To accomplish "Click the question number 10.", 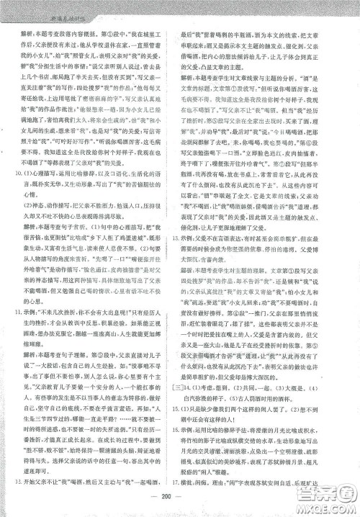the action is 25,173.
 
